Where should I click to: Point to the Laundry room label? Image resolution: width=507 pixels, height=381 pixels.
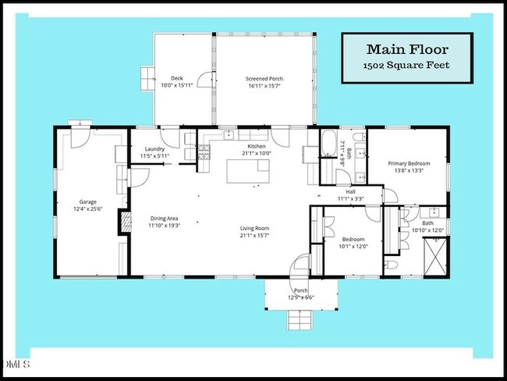click(154, 150)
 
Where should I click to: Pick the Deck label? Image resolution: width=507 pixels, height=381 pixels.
click(176, 79)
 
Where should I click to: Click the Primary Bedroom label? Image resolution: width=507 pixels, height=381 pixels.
click(409, 163)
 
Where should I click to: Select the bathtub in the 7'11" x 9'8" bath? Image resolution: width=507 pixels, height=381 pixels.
click(329, 145)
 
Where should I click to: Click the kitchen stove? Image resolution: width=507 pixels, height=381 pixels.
click(204, 154)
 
